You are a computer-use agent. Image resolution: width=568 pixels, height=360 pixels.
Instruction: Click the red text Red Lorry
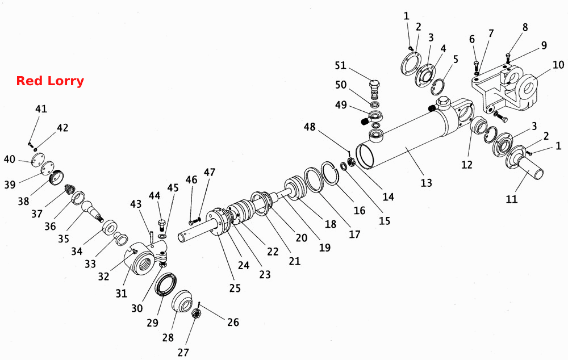(50, 81)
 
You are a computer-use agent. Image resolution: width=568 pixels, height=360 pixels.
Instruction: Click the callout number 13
(427, 182)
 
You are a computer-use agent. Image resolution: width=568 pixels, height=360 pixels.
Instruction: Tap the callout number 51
(340, 65)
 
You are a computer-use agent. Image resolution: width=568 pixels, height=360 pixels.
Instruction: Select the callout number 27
(183, 352)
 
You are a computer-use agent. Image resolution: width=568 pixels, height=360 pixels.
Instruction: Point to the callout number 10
(558, 65)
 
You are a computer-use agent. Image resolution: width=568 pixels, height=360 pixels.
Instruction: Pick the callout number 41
(41, 108)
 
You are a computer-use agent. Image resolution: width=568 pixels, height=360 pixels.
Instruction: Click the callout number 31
(122, 293)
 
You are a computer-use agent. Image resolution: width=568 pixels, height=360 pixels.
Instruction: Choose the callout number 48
(310, 127)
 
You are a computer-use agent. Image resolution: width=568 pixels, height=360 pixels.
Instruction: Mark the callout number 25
(235, 288)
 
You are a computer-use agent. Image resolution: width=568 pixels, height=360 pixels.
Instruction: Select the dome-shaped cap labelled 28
(182, 300)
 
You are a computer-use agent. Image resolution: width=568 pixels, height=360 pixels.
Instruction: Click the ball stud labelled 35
(91, 211)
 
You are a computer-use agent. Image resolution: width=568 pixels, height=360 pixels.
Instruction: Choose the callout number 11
(512, 199)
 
